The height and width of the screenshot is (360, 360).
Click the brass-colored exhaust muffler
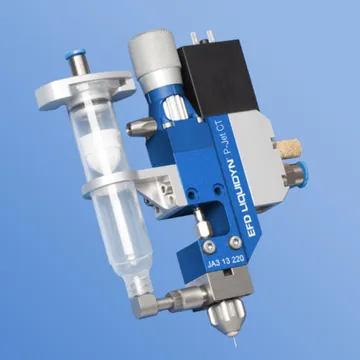pyautogui.click(x=288, y=148)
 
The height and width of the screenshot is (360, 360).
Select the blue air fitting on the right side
pyautogui.click(x=303, y=174)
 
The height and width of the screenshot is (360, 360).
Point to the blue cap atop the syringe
pyautogui.click(x=76, y=54)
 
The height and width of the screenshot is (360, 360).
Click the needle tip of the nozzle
pyautogui.click(x=236, y=346)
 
